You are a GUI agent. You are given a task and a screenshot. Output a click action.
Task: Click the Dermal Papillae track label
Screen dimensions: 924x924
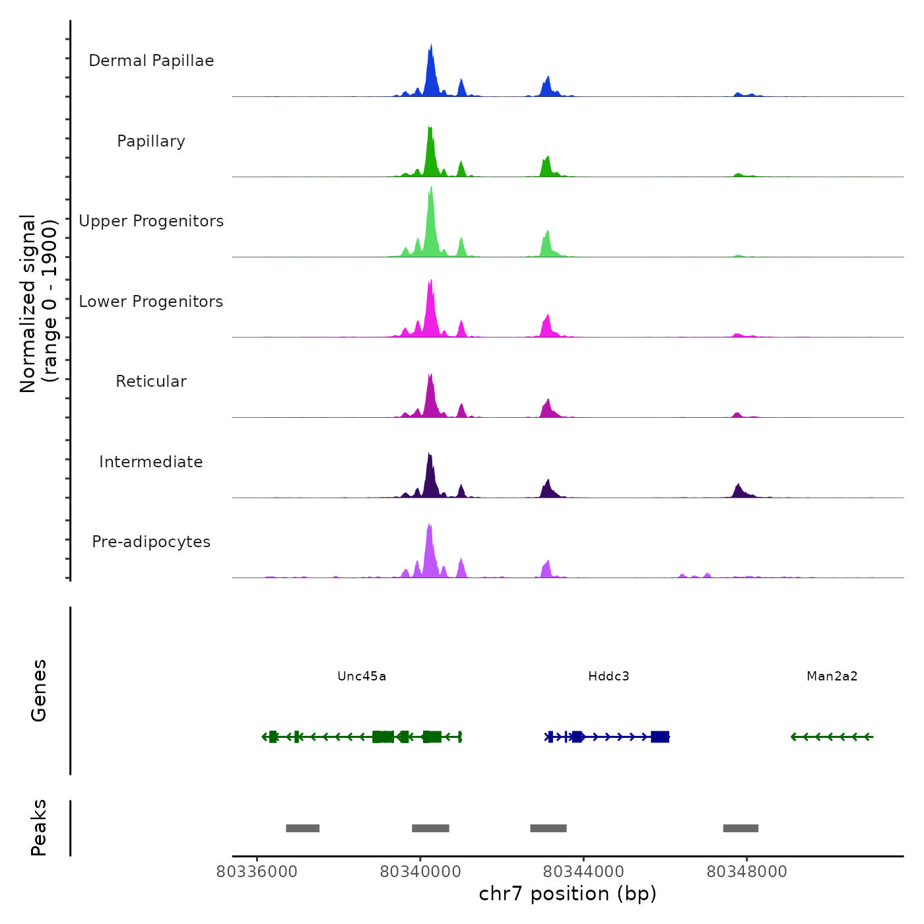(151, 61)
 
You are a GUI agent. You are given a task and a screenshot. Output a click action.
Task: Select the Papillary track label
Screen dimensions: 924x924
(151, 141)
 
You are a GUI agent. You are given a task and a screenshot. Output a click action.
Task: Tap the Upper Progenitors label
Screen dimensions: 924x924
(151, 221)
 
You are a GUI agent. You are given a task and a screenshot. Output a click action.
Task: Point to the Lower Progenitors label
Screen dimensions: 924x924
(151, 302)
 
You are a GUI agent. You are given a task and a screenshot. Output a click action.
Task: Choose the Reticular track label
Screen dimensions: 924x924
(151, 381)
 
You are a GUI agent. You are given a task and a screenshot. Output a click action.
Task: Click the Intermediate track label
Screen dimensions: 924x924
(151, 462)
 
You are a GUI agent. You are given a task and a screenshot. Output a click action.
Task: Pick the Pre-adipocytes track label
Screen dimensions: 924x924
(151, 542)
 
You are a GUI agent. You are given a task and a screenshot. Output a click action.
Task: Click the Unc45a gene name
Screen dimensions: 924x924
(362, 676)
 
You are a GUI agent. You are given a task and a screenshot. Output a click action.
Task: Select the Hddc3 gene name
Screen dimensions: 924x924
(609, 676)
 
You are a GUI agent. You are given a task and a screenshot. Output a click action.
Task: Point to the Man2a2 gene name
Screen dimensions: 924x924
(832, 676)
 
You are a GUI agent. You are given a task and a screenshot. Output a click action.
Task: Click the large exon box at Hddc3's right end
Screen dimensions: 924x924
(660, 737)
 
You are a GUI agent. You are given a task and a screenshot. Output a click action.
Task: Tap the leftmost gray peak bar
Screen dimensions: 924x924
(302, 828)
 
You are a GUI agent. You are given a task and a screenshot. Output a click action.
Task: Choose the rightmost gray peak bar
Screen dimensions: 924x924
(741, 828)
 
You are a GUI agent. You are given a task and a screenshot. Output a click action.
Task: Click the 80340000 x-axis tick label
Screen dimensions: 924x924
(420, 872)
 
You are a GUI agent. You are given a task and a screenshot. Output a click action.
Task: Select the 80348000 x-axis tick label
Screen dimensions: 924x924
(746, 872)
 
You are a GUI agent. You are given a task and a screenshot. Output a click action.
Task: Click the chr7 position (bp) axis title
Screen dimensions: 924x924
(568, 894)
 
